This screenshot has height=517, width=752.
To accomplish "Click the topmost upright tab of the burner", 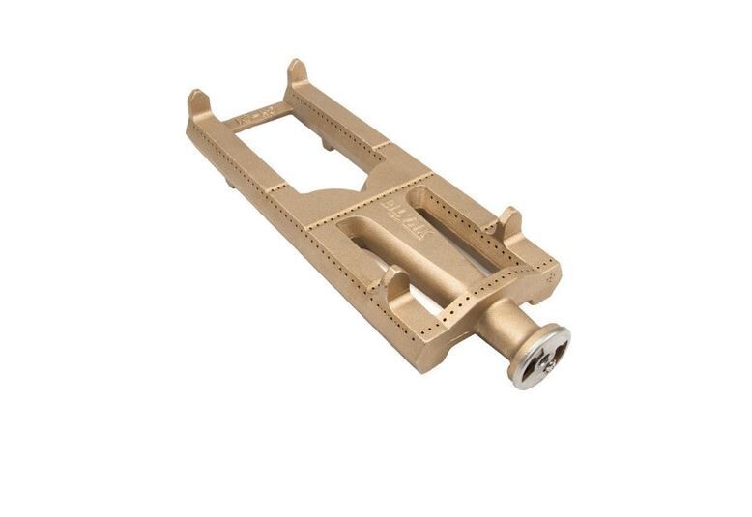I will pyautogui.click(x=297, y=73).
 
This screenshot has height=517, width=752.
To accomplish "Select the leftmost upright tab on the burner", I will pyautogui.click(x=198, y=101).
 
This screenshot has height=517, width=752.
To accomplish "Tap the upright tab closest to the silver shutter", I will pyautogui.click(x=508, y=222).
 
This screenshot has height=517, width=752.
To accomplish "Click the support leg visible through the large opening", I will pyautogui.click(x=327, y=145).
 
